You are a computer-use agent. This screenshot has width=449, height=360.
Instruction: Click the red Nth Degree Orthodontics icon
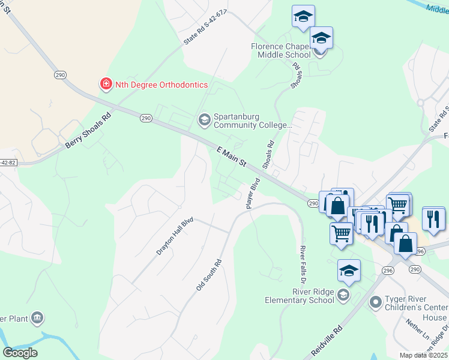[x=106, y=85]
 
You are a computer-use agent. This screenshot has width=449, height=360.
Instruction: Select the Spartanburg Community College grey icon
[x=204, y=120]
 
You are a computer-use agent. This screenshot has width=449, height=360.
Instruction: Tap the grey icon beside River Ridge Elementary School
[x=343, y=294]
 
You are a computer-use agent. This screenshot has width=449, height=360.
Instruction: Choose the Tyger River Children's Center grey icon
[x=376, y=301]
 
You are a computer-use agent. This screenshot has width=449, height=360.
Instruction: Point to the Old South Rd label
[x=209, y=275]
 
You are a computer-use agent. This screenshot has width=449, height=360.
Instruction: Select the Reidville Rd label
[x=327, y=339]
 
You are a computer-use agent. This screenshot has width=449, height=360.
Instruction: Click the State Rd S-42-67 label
[x=206, y=26]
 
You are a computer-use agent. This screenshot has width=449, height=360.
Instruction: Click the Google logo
[x=20, y=353]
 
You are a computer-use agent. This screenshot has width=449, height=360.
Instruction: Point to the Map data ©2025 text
[x=423, y=355]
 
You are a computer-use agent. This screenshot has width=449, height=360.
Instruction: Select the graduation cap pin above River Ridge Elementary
[x=349, y=272]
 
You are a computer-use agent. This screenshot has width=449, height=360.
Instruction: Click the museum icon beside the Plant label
[x=37, y=317]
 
